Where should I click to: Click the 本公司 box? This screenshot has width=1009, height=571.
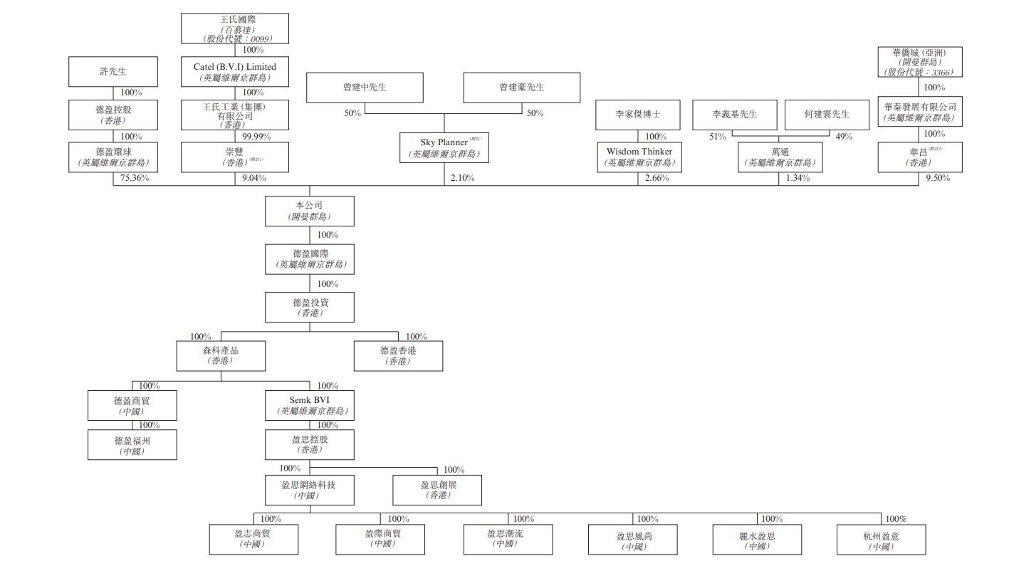pos(309,211)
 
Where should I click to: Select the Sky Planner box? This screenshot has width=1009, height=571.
pos(444,147)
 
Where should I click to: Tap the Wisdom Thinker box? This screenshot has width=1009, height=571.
pos(639,157)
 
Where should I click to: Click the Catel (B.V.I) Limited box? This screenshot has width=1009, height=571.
pos(234,71)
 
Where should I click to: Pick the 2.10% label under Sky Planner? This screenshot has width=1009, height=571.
pos(462,178)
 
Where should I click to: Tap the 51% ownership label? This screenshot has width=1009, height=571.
pos(717,136)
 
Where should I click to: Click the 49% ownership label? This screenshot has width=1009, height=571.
pos(844,136)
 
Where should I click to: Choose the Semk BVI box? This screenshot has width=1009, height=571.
pos(309,405)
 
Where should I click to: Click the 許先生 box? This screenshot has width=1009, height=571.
pos(113,72)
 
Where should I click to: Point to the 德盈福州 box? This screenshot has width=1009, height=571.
pos(132,445)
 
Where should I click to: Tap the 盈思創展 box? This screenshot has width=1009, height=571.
pos(437,490)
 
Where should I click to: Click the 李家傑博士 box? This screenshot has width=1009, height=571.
pos(639,115)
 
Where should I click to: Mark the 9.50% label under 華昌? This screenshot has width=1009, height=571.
pos(938,178)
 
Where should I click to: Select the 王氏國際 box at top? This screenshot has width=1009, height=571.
pos(234,28)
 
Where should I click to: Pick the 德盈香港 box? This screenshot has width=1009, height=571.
pos(398,355)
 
